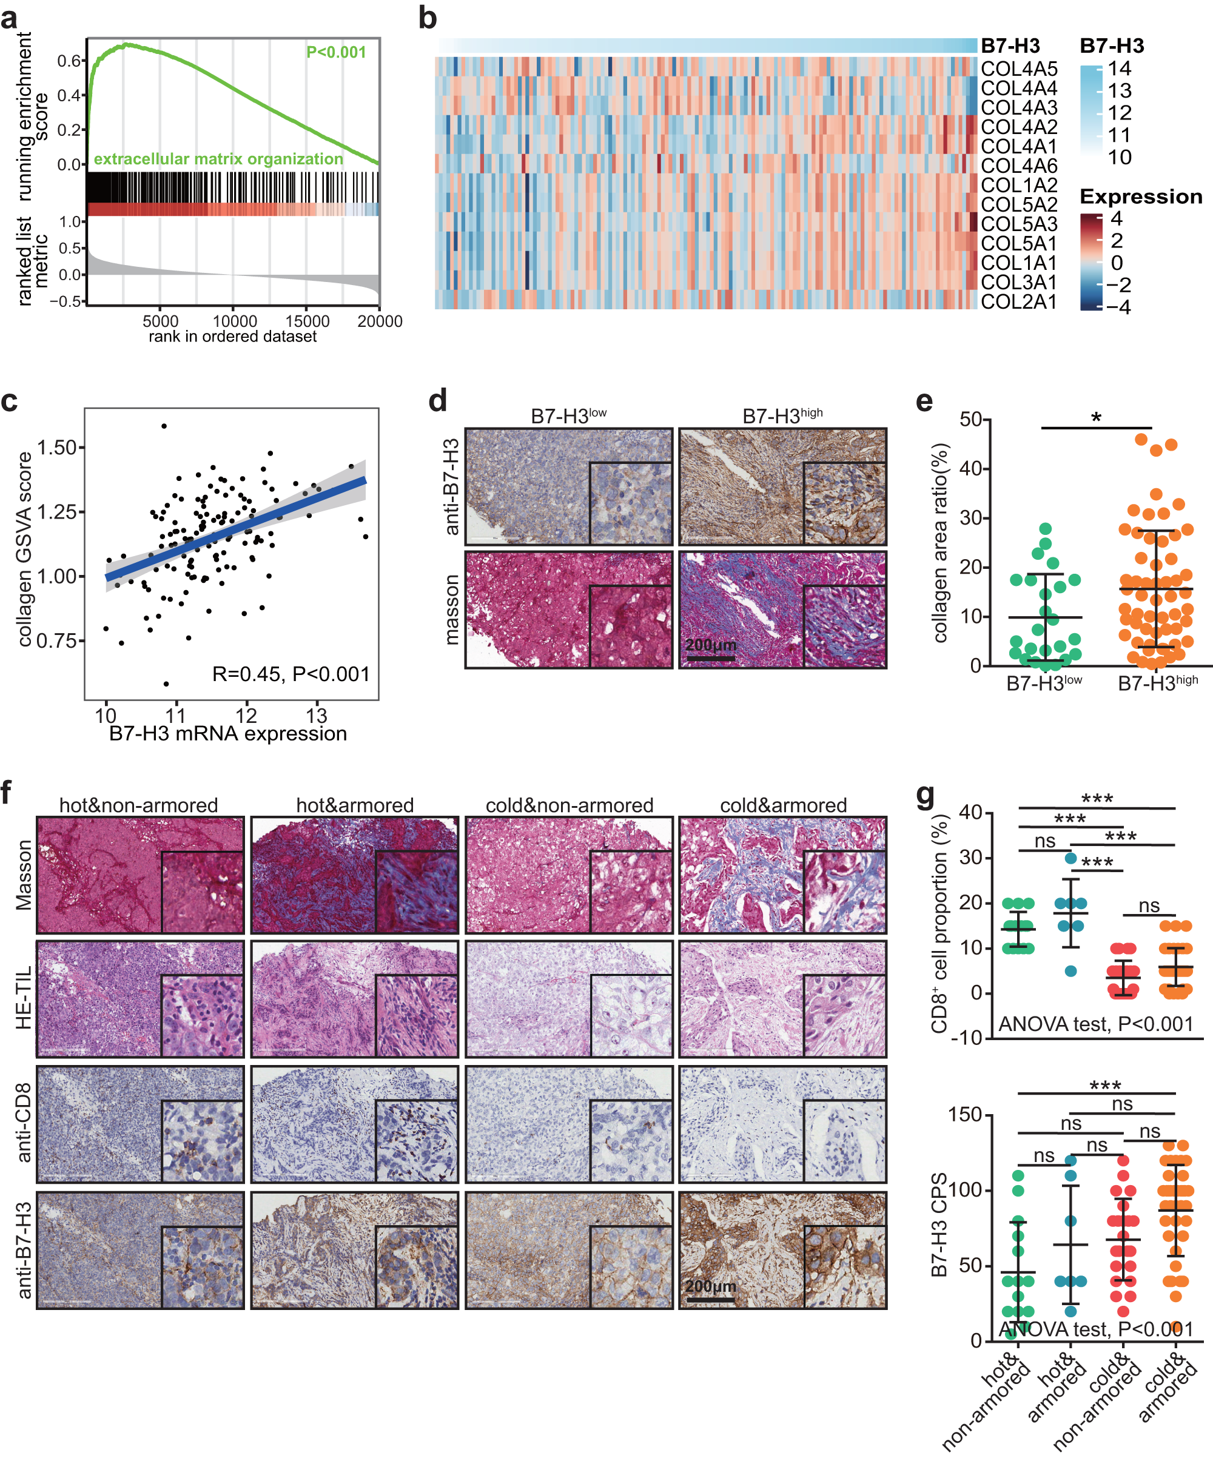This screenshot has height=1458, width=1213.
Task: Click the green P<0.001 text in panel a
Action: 336,52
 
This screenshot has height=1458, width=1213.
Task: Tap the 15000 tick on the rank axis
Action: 307,321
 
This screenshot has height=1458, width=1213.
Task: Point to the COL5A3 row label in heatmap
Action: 1018,224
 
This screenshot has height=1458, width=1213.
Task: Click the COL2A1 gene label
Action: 1018,302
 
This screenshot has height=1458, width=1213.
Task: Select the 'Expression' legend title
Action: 1140,197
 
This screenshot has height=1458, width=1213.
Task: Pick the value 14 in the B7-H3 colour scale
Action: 1119,69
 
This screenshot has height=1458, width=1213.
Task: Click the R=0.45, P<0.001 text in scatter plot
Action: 291,674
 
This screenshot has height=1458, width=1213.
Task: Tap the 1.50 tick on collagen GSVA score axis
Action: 56,448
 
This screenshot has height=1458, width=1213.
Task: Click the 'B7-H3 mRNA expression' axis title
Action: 228,734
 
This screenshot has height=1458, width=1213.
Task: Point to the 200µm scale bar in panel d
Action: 710,656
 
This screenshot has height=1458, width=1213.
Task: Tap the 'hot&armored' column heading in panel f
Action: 355,805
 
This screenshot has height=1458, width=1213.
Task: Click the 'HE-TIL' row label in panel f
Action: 24,998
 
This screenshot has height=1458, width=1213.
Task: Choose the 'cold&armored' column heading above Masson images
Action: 783,805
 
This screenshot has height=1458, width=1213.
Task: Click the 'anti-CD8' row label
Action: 24,1123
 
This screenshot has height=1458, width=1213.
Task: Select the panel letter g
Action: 926,795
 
